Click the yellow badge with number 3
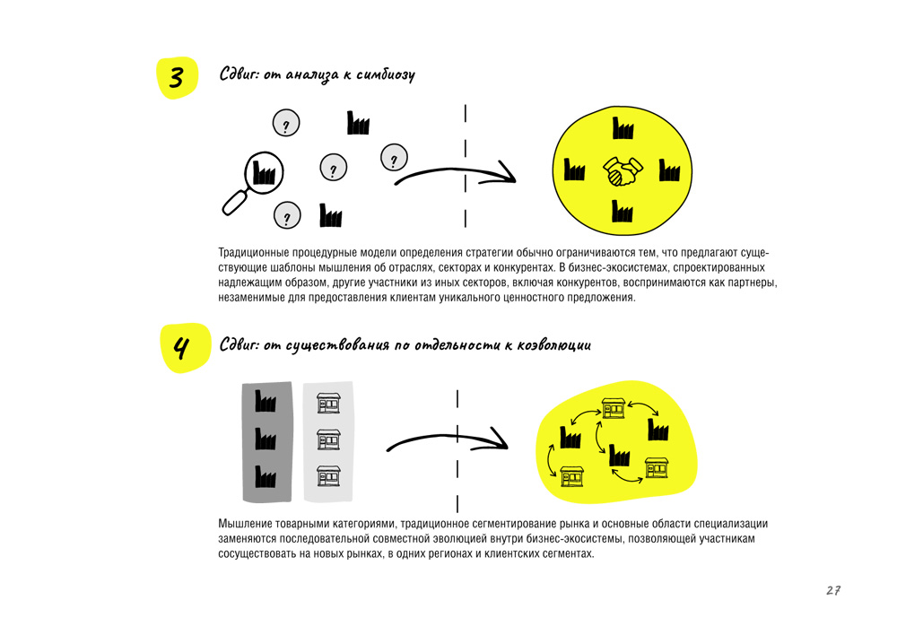tap(178, 78)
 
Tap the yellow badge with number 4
tap(185, 348)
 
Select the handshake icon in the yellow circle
tap(623, 171)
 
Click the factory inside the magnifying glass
tap(264, 172)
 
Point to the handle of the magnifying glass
tap(234, 203)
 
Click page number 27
tap(833, 590)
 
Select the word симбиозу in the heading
tap(386, 75)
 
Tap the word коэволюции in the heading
tap(553, 345)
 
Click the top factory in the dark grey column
tap(266, 401)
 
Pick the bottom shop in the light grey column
tap(328, 476)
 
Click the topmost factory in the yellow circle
tap(623, 128)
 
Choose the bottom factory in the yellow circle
tap(623, 211)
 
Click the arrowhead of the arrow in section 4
tap(496, 439)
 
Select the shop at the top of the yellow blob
tap(613, 408)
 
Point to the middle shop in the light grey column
tap(328, 439)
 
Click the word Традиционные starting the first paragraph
tap(254, 253)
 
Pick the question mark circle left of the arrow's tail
tap(394, 158)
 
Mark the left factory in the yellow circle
tap(574, 170)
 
